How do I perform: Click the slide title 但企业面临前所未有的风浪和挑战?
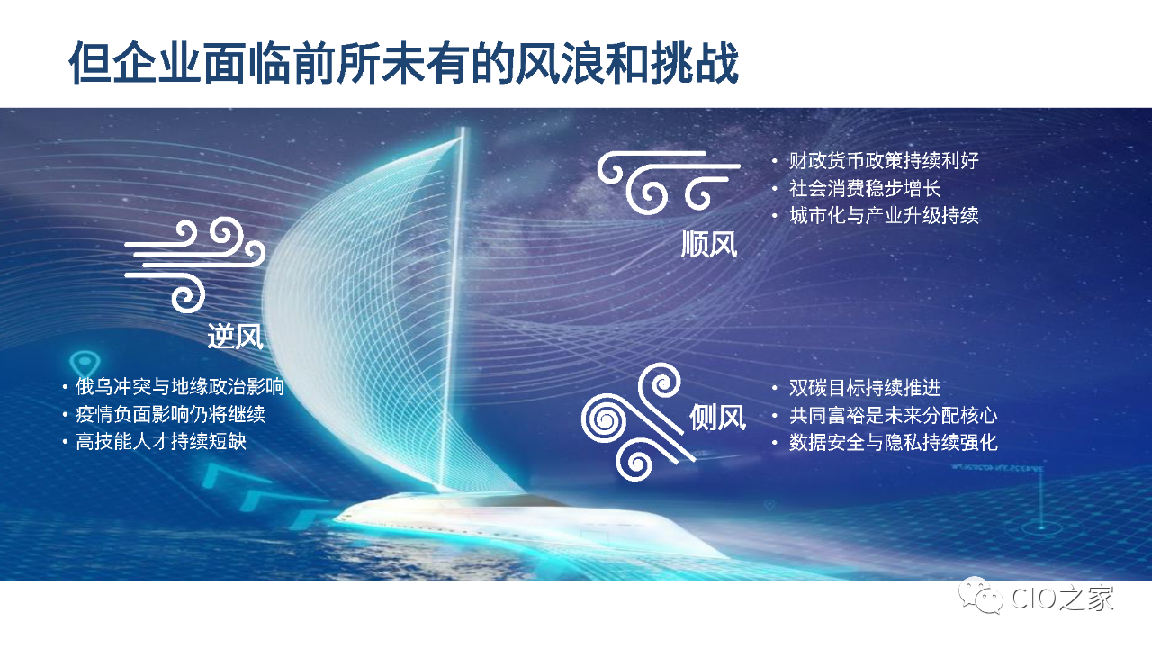pos(404,63)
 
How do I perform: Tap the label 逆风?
pos(235,337)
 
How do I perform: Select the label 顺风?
pos(709,244)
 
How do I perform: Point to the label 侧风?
pos(717,417)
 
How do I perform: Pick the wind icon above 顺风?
pos(669,182)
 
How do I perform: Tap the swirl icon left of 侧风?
pos(638,422)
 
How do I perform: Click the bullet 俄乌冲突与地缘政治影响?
pos(180,386)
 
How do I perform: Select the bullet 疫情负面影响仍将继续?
pos(170,414)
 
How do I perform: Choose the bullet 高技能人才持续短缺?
pos(161,441)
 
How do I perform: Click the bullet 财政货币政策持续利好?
pos(884,160)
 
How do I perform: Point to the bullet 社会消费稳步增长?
pos(865,188)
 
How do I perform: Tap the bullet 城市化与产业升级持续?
pos(884,215)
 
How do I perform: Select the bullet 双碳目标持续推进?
pos(865,387)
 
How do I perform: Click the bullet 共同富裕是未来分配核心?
pos(894,415)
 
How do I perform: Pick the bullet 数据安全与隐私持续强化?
pos(894,442)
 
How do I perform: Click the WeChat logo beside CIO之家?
pos(980,596)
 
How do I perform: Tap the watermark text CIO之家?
pos(1063,598)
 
